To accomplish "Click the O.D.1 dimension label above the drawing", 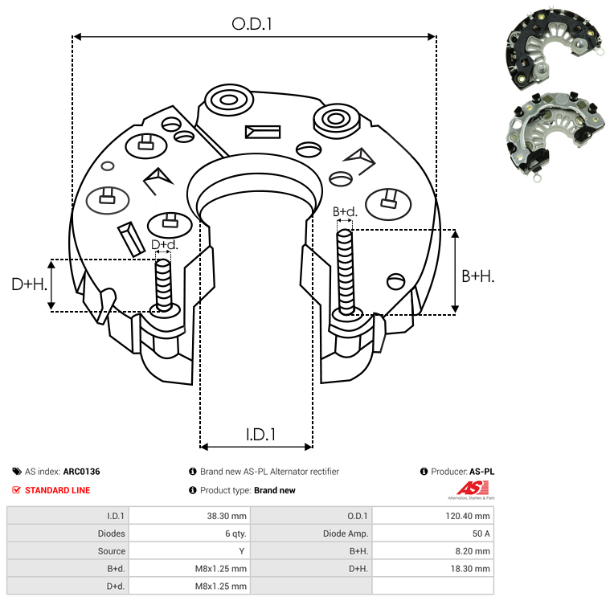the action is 252,24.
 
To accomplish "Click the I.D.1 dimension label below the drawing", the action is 260,435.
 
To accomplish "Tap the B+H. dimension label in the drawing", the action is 477,276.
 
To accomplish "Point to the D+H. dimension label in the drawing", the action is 30,284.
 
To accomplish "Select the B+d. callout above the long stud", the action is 345,211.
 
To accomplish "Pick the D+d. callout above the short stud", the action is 164,245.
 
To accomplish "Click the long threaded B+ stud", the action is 345,272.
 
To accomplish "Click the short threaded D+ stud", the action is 163,285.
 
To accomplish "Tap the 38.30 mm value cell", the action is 227,516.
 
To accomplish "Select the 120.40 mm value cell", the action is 468,516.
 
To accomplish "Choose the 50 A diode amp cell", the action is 481,534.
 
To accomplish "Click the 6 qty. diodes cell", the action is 235,534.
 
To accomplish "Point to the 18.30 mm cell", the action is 470,569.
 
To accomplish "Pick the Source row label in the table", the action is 111,551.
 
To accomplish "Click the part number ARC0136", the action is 82,472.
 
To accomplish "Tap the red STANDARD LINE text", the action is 58,490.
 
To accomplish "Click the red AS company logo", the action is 473,489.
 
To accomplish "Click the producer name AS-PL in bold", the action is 481,472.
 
